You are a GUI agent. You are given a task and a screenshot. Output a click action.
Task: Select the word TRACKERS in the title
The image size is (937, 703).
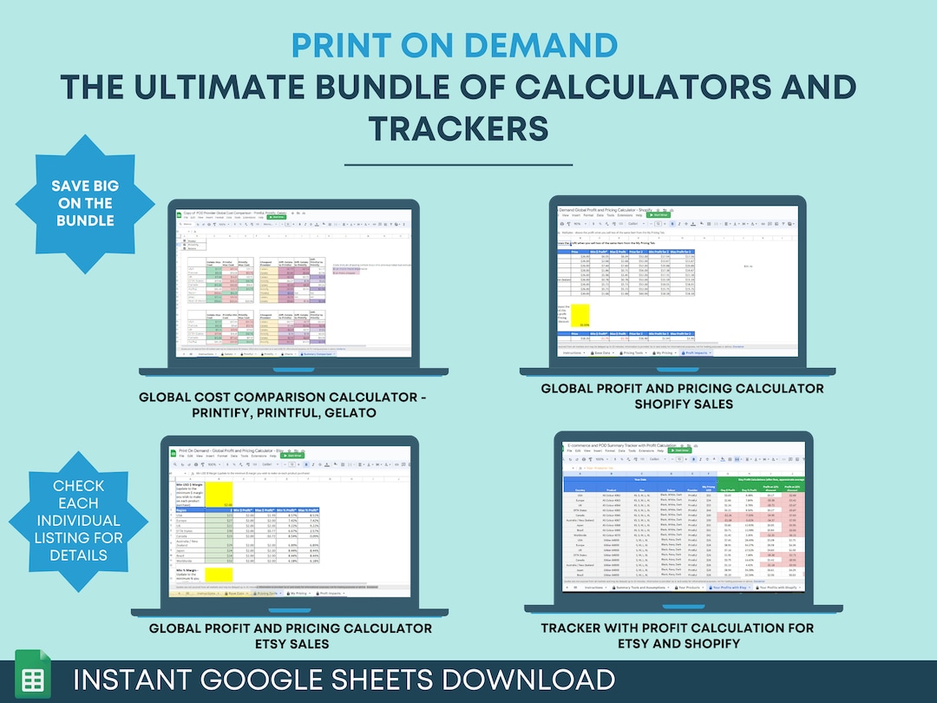[458, 128]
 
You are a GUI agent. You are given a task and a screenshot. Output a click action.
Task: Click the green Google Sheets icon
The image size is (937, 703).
[33, 679]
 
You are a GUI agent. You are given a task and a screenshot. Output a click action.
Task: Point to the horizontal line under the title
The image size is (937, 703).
[458, 164]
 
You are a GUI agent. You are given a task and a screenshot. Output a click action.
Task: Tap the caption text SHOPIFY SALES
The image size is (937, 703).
[682, 404]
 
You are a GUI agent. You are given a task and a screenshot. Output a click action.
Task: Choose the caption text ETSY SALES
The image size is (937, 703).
[290, 644]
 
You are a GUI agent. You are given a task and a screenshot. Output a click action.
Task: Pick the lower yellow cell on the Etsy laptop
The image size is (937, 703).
[218, 574]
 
